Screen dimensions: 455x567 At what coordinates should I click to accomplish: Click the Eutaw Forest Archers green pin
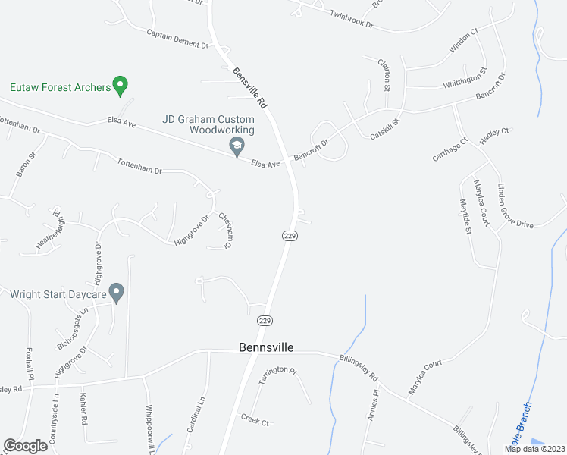[x=119, y=86]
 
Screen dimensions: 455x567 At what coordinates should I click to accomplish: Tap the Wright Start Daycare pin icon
[x=116, y=292]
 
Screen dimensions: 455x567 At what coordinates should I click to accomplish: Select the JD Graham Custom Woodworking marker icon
[x=237, y=146]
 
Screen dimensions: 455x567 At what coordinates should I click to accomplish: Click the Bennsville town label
[x=265, y=348]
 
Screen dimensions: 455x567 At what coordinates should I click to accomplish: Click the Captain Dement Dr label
[x=177, y=39]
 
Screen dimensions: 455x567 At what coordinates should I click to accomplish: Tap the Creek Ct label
[x=255, y=419]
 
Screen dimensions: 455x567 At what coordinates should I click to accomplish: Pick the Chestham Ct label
[x=225, y=231]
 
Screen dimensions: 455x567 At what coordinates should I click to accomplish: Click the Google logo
[x=25, y=446]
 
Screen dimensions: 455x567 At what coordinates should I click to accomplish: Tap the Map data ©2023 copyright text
[x=534, y=449]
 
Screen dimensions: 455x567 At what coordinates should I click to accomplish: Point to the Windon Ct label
[x=463, y=41]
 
